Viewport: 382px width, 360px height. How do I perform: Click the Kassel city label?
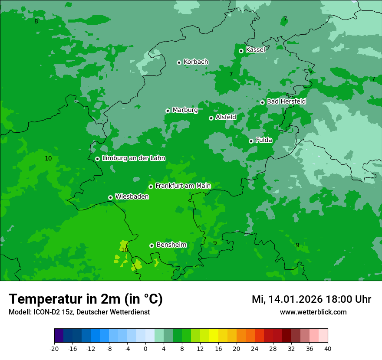pyautogui.click(x=255, y=50)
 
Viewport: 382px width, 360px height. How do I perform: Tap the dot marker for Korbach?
pyautogui.click(x=179, y=62)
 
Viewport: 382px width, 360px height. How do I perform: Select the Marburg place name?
pyautogui.click(x=185, y=110)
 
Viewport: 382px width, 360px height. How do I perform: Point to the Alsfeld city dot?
pyautogui.click(x=211, y=118)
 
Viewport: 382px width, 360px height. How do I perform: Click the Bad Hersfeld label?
pyautogui.click(x=286, y=101)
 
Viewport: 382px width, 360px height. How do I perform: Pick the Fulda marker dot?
pyautogui.click(x=251, y=141)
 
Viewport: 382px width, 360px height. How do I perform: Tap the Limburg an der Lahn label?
pyautogui.click(x=133, y=158)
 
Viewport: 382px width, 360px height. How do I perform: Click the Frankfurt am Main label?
pyautogui.click(x=183, y=186)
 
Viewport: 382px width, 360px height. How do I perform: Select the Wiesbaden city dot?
pyautogui.click(x=110, y=197)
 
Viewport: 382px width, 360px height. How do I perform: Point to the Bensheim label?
pyautogui.click(x=171, y=245)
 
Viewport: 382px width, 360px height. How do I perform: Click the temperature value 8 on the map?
pyautogui.click(x=36, y=21)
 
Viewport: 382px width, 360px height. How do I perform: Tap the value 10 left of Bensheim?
pyautogui.click(x=125, y=250)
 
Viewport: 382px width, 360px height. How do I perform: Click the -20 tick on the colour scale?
pyautogui.click(x=54, y=349)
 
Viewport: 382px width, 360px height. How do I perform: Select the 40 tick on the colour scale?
pyautogui.click(x=328, y=349)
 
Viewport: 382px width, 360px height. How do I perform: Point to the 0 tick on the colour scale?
pyautogui.click(x=145, y=349)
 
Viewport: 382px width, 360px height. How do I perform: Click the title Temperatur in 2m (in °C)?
pyautogui.click(x=86, y=299)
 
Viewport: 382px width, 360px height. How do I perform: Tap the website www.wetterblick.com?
pyautogui.click(x=313, y=312)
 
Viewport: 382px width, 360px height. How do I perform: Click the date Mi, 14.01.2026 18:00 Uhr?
pyautogui.click(x=311, y=299)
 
